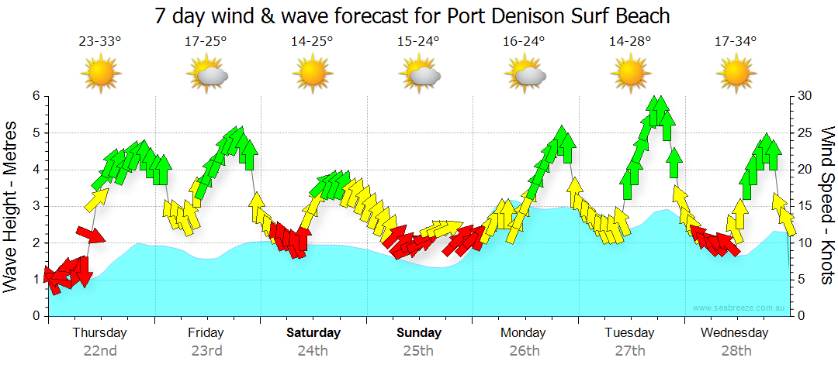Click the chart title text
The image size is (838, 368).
(x=411, y=15)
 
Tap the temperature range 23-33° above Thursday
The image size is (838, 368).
(x=100, y=42)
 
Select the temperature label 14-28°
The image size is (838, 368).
(x=630, y=42)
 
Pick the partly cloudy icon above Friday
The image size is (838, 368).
(x=207, y=74)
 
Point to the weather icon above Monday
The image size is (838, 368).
(x=525, y=74)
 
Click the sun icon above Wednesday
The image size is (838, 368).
(x=736, y=74)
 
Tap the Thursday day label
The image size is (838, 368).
(x=99, y=333)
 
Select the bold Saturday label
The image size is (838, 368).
(x=313, y=333)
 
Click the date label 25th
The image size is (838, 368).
(x=418, y=351)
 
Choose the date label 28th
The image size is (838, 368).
(x=736, y=351)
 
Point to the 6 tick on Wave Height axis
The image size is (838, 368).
(x=36, y=96)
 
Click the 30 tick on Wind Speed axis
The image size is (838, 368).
(x=805, y=96)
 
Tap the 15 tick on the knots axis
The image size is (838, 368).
(x=805, y=206)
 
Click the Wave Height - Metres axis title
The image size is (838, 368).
(x=12, y=206)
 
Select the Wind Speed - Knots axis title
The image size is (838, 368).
(x=827, y=206)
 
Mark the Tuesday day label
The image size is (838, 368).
(x=630, y=333)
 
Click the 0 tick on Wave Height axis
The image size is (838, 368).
(x=36, y=316)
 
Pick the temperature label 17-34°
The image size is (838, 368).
(x=736, y=42)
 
